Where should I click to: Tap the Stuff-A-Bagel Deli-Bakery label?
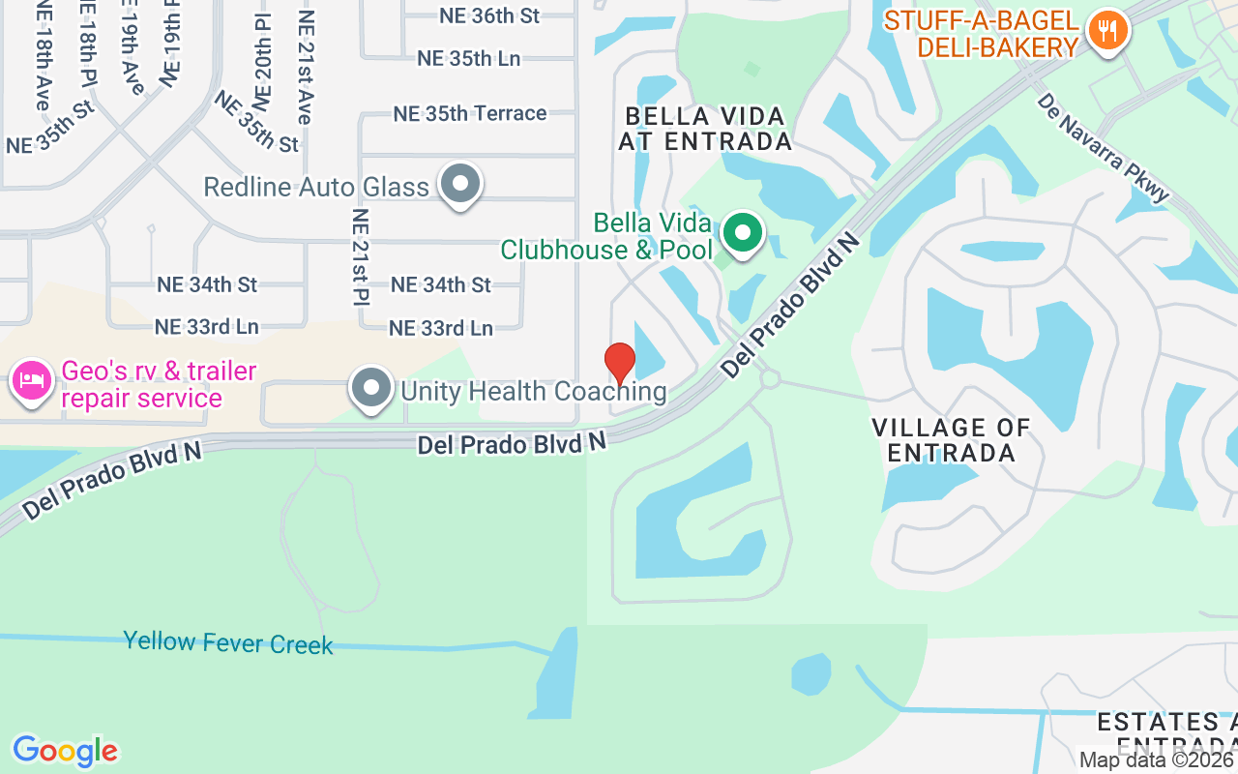(x=981, y=34)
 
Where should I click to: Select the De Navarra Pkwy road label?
(x=1102, y=146)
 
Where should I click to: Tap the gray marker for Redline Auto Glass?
(x=460, y=184)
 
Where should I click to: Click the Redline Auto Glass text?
(x=316, y=187)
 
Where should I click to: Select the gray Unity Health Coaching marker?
(x=370, y=388)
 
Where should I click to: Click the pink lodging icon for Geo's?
(x=31, y=379)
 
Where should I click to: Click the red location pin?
(x=620, y=363)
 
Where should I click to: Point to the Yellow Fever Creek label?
(x=228, y=642)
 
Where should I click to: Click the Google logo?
(x=65, y=751)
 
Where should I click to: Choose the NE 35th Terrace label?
(x=470, y=113)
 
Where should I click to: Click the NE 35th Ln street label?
(x=469, y=58)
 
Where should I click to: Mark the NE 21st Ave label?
(x=306, y=68)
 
